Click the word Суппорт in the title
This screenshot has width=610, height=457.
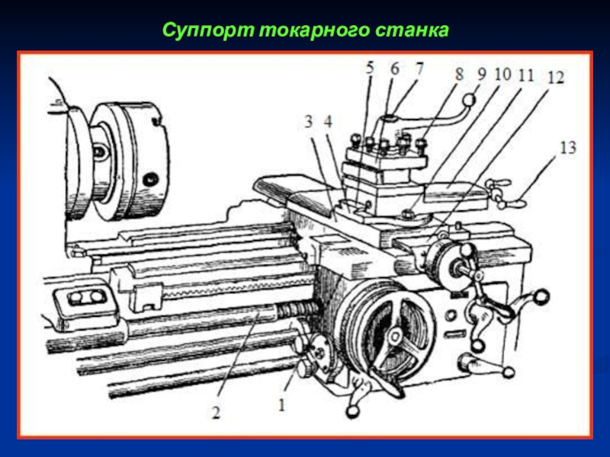click(208, 30)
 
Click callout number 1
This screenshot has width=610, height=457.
click(281, 405)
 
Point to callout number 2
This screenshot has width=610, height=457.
click(216, 412)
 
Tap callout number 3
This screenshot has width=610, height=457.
click(309, 122)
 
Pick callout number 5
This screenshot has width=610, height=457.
click(370, 68)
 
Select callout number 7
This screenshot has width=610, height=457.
click(419, 69)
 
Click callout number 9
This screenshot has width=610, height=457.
click(482, 73)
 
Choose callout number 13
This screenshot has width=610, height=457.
click(567, 148)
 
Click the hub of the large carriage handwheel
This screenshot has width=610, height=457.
click(396, 335)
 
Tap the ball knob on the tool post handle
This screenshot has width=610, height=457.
click(470, 100)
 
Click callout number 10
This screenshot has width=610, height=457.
click(502, 74)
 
